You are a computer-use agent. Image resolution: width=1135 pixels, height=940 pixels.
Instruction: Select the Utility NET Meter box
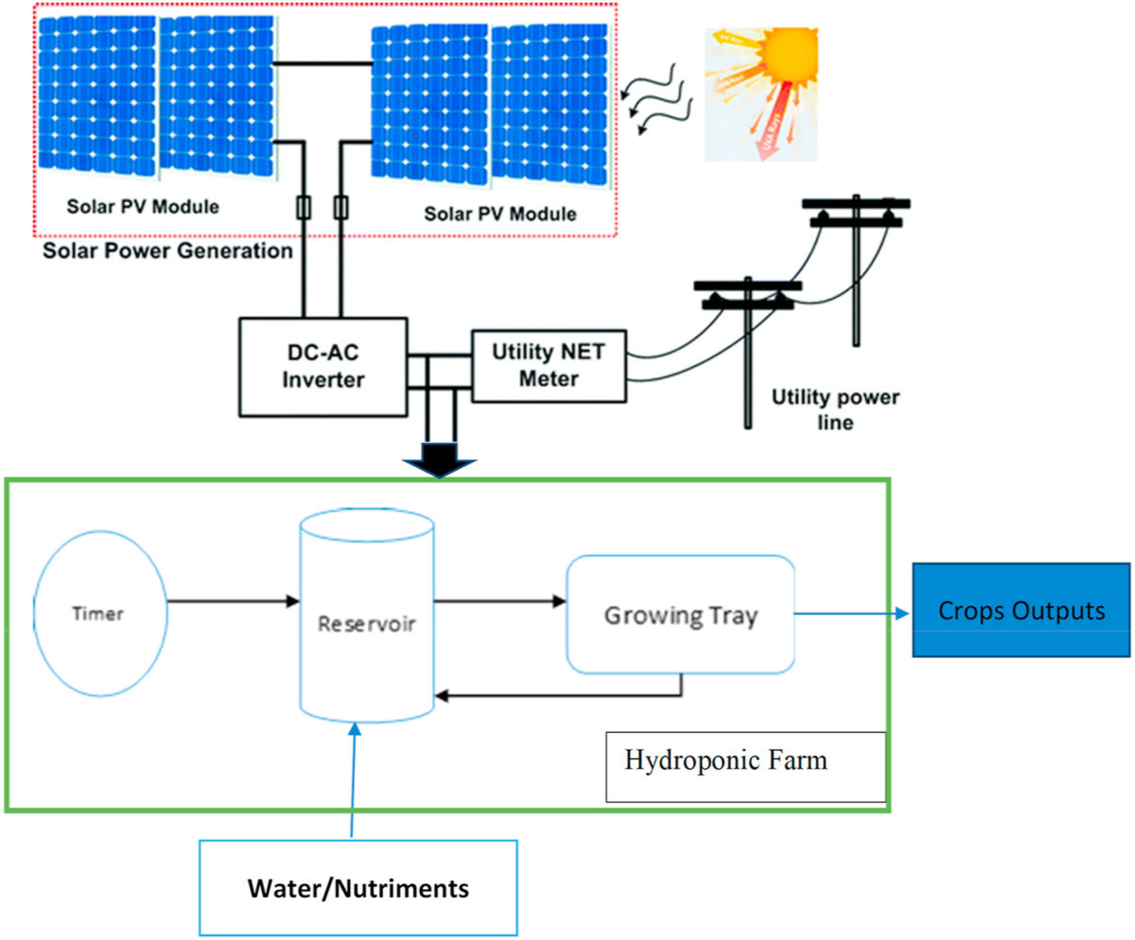pyautogui.click(x=548, y=366)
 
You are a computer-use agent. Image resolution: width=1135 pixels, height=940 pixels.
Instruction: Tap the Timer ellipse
pyautogui.click(x=98, y=613)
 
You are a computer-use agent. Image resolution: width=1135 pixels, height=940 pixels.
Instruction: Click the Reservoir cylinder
pyautogui.click(x=366, y=624)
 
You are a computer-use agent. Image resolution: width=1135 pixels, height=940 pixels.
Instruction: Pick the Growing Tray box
pyautogui.click(x=679, y=616)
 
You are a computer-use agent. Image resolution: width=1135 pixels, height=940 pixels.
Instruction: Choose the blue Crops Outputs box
pyautogui.click(x=1021, y=611)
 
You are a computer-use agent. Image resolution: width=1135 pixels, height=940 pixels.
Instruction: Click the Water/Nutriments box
pyautogui.click(x=358, y=888)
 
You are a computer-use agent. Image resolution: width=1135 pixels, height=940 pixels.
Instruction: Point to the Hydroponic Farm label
pyautogui.click(x=725, y=760)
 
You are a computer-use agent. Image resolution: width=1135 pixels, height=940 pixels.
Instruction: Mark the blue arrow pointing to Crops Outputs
pyautogui.click(x=851, y=612)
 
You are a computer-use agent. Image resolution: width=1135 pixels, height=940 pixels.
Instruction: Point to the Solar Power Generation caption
pyautogui.click(x=167, y=252)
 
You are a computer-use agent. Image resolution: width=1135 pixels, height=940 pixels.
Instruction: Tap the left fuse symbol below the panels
pyautogui.click(x=304, y=206)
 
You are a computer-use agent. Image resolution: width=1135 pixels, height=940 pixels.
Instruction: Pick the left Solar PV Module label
pyautogui.click(x=143, y=206)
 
